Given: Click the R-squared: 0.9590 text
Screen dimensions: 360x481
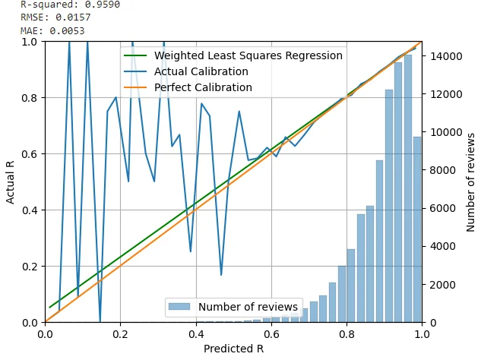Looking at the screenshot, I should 69,5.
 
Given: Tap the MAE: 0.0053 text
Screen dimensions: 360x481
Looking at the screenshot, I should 52,31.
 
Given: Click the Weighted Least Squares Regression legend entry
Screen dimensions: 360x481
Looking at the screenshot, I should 248,55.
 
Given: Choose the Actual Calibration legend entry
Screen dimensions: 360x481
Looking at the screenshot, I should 201,71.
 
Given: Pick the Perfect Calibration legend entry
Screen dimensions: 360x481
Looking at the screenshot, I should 203,87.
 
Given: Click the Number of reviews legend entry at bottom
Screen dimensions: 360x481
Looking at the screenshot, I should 248,307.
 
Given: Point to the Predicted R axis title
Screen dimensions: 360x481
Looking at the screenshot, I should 233,349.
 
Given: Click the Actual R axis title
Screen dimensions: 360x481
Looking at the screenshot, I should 11,182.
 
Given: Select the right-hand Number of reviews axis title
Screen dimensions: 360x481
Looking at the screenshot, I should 470,182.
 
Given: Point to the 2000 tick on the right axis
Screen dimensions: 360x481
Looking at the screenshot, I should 438,284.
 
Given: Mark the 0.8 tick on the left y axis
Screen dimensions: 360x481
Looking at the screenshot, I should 28,97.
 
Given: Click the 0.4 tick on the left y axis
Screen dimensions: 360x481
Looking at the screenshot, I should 28,210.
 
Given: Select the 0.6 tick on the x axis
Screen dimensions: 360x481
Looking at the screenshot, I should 271,333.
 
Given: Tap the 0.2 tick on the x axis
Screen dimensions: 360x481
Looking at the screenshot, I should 120,333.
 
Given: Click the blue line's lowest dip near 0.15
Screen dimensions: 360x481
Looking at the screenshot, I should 100,321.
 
